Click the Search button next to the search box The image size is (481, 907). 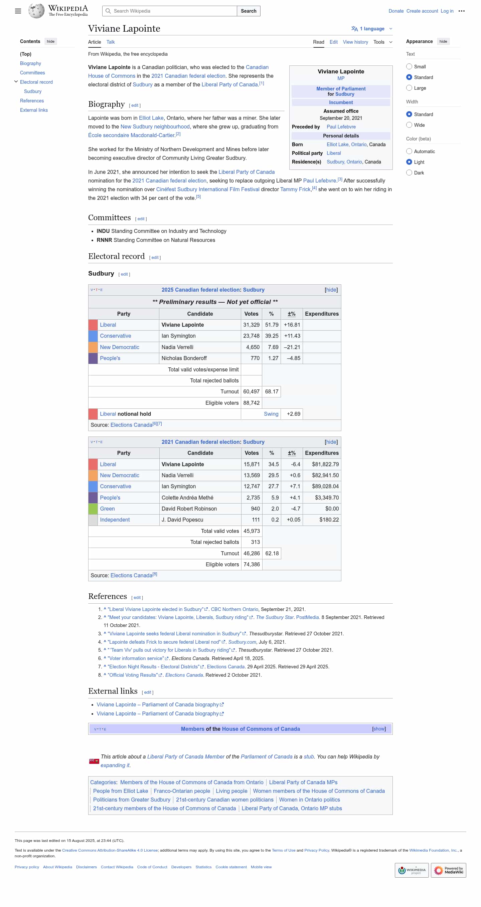tap(249, 11)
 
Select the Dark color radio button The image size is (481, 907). tap(409, 173)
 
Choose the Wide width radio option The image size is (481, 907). tap(409, 125)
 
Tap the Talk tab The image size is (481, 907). tap(110, 42)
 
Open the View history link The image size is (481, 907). tap(355, 42)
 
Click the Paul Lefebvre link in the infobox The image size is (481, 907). tap(341, 127)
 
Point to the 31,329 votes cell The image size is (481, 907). tap(251, 325)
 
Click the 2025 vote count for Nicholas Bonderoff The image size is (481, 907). tap(255, 358)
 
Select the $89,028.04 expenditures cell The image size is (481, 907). tap(325, 486)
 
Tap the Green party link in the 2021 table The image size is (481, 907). tap(107, 509)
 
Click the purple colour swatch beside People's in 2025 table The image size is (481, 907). tap(93, 358)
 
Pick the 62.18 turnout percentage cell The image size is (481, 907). tap(272, 553)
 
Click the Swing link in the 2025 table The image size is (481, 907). tap(271, 414)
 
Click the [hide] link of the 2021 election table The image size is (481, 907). tap(331, 442)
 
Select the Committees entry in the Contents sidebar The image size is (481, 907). tap(32, 72)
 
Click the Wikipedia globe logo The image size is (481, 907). tap(36, 11)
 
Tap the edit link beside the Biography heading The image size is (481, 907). tap(135, 105)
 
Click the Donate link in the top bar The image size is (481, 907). tap(396, 11)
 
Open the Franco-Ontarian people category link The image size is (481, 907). tap(182, 791)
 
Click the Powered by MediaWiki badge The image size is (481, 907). tap(448, 870)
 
